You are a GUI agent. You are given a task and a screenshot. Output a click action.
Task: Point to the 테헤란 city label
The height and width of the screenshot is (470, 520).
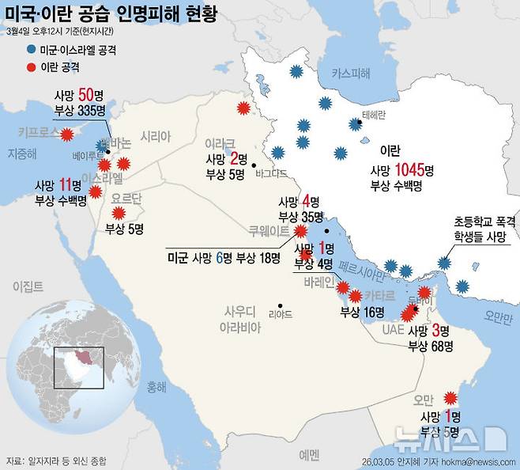[373, 114]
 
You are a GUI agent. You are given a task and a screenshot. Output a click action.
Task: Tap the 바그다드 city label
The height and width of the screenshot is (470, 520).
[272, 170]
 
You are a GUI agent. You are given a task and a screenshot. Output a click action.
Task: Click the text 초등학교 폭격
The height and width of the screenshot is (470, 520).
[484, 222]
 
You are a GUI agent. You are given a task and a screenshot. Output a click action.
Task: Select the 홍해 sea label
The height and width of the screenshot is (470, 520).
[156, 388]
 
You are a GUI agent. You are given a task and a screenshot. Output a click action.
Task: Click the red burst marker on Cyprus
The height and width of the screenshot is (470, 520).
[66, 134]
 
